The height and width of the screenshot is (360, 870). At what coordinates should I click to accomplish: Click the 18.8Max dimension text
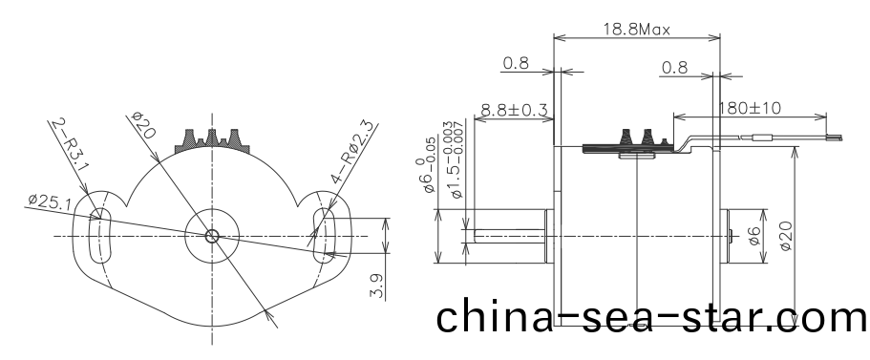[x=636, y=29]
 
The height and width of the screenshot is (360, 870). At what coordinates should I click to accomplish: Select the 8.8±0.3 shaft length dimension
[x=514, y=111]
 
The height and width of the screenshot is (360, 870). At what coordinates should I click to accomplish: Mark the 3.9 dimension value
[x=377, y=286]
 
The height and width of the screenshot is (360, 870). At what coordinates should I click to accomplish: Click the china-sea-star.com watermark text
[x=652, y=317]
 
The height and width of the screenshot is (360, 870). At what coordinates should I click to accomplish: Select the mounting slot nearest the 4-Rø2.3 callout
[x=322, y=232]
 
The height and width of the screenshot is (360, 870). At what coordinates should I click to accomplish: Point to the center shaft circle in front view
[x=212, y=234]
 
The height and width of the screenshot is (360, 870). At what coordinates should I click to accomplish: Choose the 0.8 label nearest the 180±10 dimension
[x=674, y=68]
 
